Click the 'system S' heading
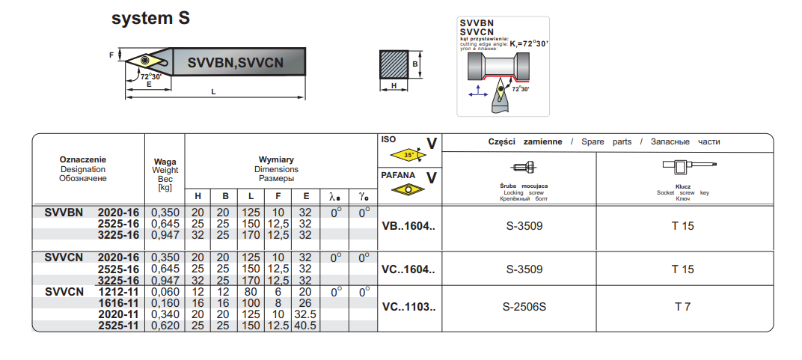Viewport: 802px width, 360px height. [150, 19]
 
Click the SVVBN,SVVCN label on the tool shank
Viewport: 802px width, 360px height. [236, 64]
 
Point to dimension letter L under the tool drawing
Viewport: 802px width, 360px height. [214, 92]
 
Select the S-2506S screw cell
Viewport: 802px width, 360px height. [524, 307]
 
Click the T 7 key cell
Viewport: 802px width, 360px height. [682, 307]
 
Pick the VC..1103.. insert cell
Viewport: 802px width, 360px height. [408, 307]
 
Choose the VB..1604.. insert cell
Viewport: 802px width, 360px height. [408, 225]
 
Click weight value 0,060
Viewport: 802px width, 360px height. [165, 293]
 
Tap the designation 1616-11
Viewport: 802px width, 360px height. [118, 304]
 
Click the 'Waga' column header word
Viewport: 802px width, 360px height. [165, 162]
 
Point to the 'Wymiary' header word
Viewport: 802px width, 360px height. [276, 159]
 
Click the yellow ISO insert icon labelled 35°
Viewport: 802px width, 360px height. [408, 156]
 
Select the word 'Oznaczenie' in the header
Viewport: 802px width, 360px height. [83, 159]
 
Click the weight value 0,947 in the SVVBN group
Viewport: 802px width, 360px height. [165, 235]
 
